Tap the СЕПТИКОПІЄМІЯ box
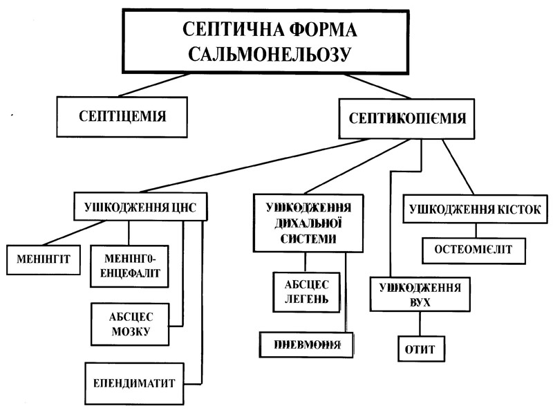point(402,119)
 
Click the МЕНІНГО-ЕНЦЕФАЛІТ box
point(131,266)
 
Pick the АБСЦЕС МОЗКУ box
point(130,324)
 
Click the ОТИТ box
point(418,349)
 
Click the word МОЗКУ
point(130,332)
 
